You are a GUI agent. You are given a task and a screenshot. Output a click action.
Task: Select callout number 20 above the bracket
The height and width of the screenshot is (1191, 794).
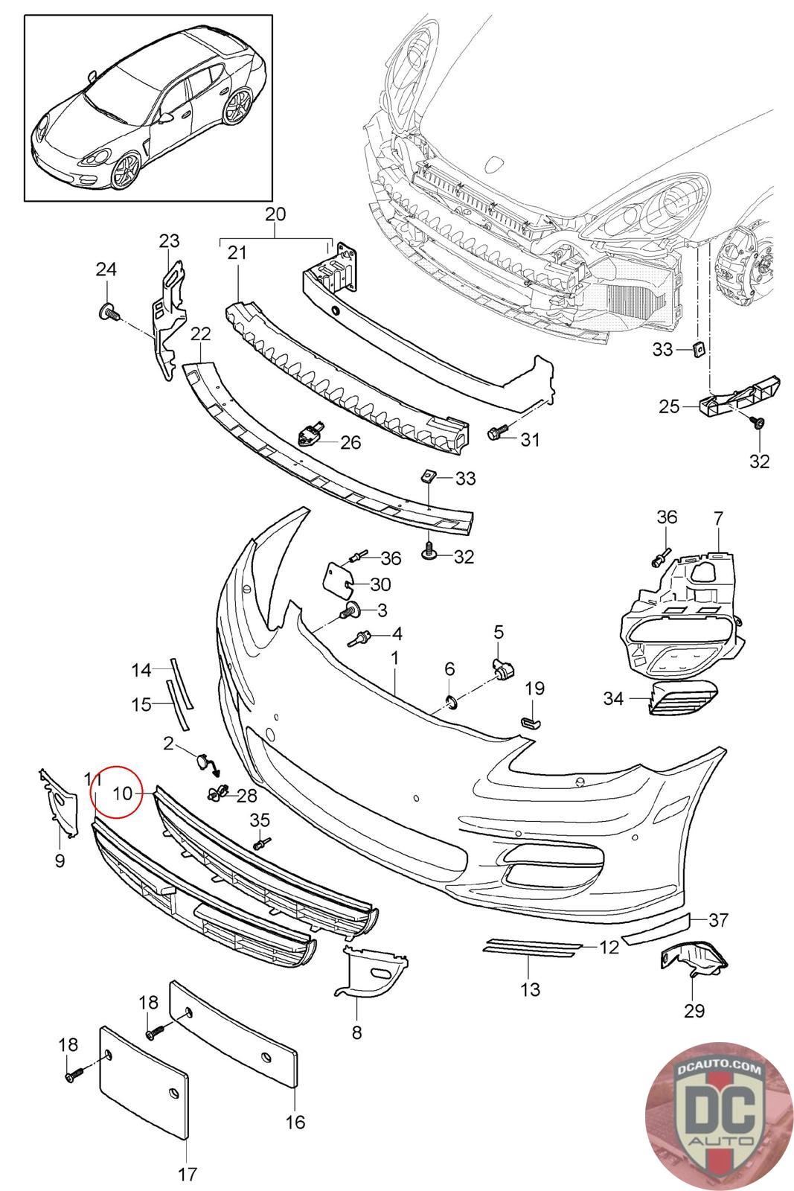275,214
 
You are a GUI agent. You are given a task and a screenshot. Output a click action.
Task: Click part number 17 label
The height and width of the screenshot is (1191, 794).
188,1174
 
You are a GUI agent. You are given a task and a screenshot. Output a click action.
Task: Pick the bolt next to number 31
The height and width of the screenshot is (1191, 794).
496,432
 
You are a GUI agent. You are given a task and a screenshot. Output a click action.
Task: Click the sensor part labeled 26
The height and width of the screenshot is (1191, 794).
310,432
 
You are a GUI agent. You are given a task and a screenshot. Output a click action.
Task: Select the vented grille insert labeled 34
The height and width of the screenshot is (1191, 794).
684,699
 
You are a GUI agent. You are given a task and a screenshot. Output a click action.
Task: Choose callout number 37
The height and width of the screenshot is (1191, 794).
718,920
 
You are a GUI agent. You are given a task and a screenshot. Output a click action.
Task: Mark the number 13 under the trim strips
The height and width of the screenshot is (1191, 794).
531,989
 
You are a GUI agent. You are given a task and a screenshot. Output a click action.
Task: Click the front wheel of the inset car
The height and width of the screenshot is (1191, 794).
124,172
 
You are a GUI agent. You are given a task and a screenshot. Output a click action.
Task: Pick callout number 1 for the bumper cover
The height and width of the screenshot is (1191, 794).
394,658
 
